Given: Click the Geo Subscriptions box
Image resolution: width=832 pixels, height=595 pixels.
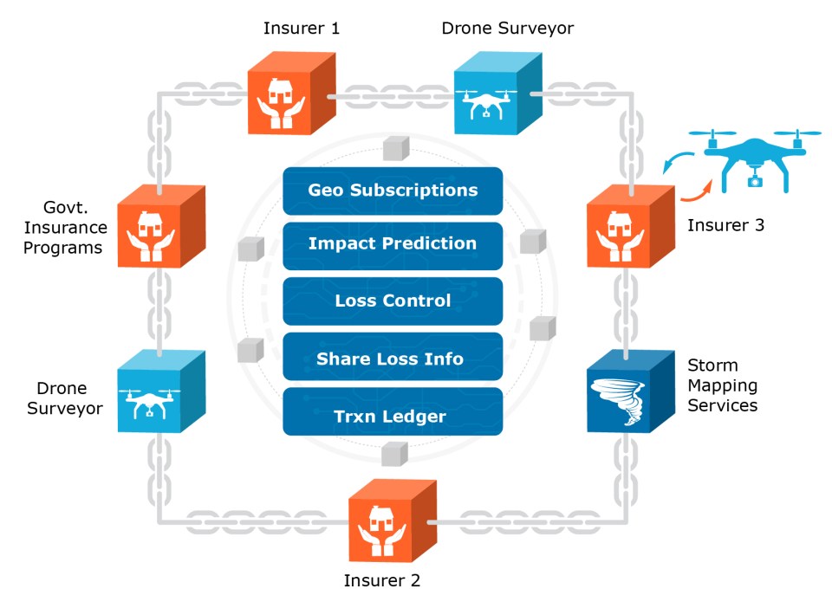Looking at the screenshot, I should tap(393, 190).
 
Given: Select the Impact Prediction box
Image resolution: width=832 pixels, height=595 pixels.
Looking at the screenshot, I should tap(393, 244).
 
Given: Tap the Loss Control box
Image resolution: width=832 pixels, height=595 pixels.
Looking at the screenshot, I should tap(393, 301).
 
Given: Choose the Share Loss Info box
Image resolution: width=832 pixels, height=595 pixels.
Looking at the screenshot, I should tap(393, 358).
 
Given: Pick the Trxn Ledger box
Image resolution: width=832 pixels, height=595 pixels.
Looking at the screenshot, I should tap(393, 416).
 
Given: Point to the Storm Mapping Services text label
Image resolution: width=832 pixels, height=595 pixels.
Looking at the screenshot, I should tap(722, 385).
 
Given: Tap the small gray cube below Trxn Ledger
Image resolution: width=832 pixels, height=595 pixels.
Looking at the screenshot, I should tap(394, 453).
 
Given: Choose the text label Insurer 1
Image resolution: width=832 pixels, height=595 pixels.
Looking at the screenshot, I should tap(302, 29).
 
